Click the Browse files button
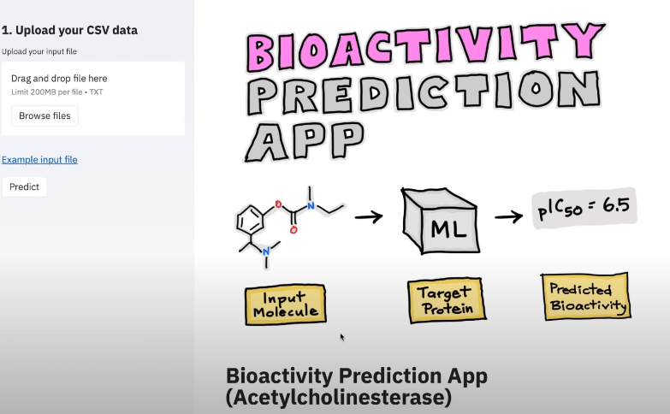point(44,115)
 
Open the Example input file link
point(39,160)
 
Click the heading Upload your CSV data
point(69,30)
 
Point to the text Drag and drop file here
point(59,78)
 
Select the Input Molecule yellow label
point(286,305)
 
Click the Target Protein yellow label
point(447,300)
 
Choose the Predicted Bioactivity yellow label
point(586,297)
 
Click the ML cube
point(441,221)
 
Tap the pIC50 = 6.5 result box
point(584,208)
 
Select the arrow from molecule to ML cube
point(369,216)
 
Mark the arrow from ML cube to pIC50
point(509,216)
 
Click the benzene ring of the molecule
point(250,220)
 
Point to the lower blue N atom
point(266,251)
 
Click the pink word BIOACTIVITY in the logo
point(425,46)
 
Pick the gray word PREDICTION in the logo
point(424,92)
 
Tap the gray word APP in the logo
point(305,141)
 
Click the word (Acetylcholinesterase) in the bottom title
point(338,398)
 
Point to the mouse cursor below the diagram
point(342,338)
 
